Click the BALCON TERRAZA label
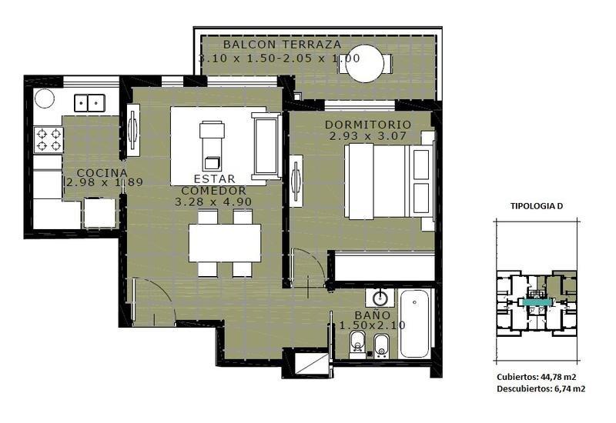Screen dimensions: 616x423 (x=282, y=45)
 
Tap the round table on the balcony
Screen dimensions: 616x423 (x=365, y=63)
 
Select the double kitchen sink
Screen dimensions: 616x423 (x=89, y=103)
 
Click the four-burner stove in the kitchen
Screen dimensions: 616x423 (x=49, y=140)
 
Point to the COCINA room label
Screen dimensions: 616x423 (x=102, y=172)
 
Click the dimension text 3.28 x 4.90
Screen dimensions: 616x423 (x=213, y=202)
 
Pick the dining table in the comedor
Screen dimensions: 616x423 (x=225, y=243)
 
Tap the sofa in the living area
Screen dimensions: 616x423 (x=266, y=146)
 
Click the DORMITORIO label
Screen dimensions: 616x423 (x=368, y=125)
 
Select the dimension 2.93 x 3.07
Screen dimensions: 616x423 (x=368, y=136)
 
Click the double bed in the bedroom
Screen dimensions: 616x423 (x=390, y=181)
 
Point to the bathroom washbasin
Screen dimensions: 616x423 (x=380, y=298)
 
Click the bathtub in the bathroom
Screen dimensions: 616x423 (x=414, y=324)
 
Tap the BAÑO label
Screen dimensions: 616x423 (x=373, y=315)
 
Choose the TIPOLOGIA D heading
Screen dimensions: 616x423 (x=536, y=206)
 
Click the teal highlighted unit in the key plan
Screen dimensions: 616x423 (x=536, y=302)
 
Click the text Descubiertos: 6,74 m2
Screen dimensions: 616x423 (x=541, y=389)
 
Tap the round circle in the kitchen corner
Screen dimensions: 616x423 (x=45, y=98)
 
